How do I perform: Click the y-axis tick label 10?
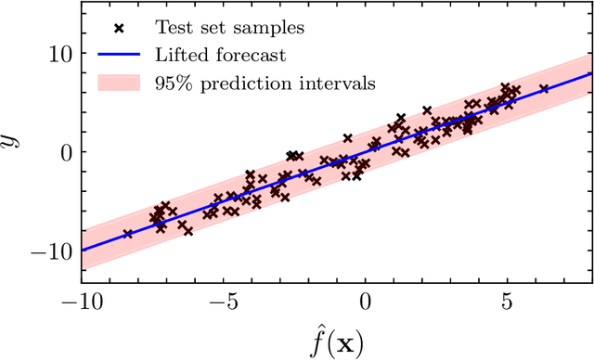(x=58, y=53)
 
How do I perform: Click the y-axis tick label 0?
(x=64, y=151)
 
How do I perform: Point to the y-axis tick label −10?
(x=52, y=251)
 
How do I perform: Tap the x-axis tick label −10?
(x=82, y=303)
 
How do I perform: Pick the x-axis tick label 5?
(x=507, y=303)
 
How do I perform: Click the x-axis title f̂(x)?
(x=337, y=340)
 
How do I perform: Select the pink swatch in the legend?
(x=119, y=83)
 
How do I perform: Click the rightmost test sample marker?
(x=544, y=89)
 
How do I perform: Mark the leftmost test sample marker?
(x=128, y=234)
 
